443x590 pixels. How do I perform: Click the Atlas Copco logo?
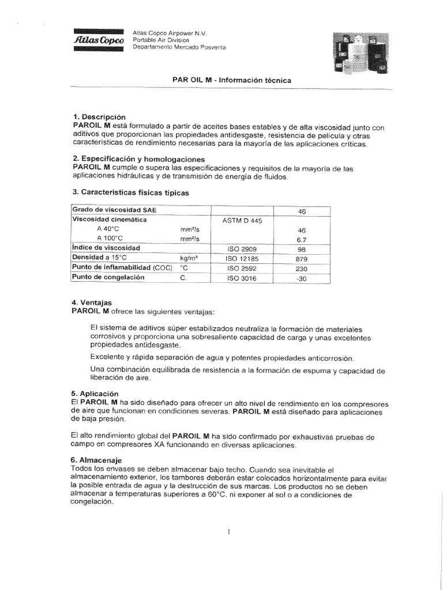[x=99, y=40]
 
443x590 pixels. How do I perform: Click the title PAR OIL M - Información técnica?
[x=232, y=81]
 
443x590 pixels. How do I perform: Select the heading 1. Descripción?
[x=99, y=117]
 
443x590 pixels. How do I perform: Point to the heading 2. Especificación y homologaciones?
[x=139, y=159]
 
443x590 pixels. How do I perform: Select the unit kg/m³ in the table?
[x=189, y=258]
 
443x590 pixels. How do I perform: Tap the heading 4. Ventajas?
[x=92, y=302]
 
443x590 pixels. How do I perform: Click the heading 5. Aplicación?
[x=95, y=394]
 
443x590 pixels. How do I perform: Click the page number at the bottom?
[x=229, y=532]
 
